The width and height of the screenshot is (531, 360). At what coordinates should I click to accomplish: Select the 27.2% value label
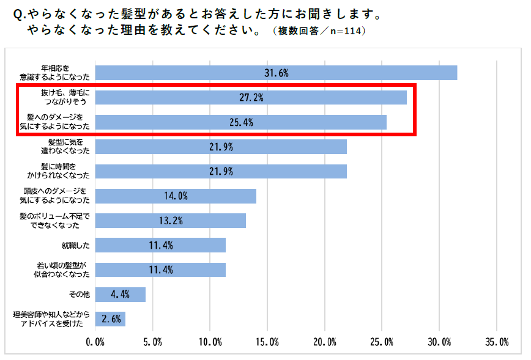(251, 97)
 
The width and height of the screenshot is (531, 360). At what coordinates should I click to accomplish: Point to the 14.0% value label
(175, 196)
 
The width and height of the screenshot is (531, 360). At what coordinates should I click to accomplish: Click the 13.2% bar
(171, 221)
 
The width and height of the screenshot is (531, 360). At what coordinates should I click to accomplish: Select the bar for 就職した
(161, 245)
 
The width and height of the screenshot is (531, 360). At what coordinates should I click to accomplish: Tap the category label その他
(80, 295)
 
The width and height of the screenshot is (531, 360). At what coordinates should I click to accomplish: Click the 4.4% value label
(120, 295)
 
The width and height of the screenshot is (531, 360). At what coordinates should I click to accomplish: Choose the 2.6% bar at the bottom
(111, 318)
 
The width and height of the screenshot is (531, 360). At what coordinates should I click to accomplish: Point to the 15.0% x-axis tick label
(268, 342)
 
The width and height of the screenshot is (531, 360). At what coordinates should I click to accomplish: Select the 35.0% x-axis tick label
(496, 342)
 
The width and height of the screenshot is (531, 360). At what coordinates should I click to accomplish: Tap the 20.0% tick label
(325, 342)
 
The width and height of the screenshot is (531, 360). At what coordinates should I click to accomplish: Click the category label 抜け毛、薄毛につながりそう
(65, 97)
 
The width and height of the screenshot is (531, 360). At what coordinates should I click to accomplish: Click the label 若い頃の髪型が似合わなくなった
(62, 270)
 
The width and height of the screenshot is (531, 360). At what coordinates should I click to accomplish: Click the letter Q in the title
(18, 13)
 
